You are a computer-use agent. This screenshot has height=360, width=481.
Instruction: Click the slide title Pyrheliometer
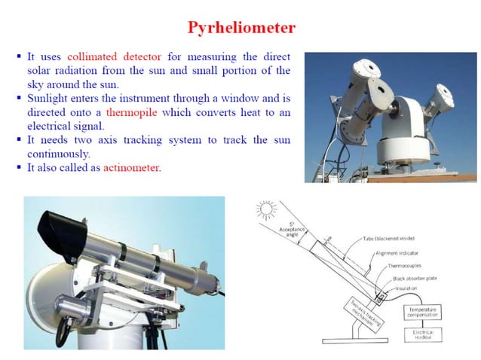click(x=241, y=28)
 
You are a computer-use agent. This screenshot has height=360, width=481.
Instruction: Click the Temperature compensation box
click(x=423, y=311)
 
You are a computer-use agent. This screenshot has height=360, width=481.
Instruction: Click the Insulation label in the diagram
click(x=407, y=288)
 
